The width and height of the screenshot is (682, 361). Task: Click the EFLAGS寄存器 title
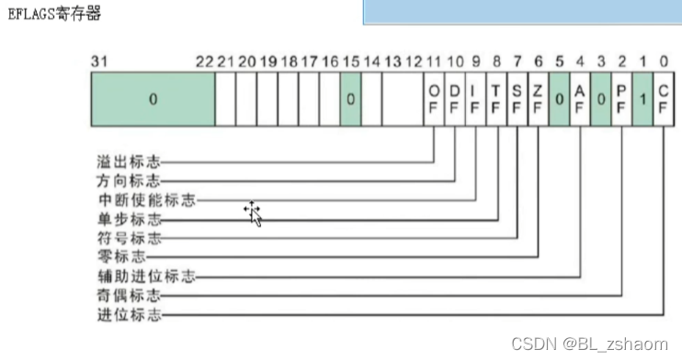(54, 15)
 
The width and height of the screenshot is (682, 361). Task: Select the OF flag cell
(434, 99)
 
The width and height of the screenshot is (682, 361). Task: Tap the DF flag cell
(454, 99)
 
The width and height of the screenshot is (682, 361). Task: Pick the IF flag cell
(475, 99)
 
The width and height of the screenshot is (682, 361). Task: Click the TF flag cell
(496, 99)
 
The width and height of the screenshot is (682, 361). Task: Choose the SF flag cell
(517, 99)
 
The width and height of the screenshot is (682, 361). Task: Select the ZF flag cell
(538, 99)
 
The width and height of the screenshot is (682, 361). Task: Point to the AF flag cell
(580, 99)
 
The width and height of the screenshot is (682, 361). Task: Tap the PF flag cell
(622, 99)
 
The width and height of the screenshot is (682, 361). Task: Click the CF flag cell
(665, 99)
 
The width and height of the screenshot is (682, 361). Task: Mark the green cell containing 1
(643, 99)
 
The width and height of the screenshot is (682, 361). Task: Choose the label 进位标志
(129, 314)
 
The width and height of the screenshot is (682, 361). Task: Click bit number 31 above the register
(99, 61)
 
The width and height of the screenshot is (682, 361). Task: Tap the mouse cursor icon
(253, 213)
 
